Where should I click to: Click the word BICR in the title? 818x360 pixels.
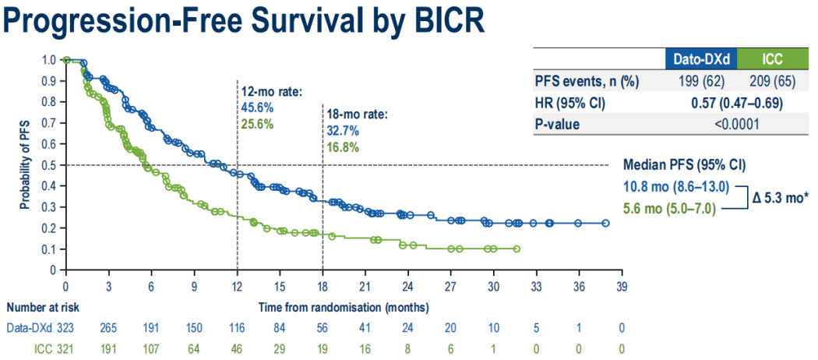[x=440, y=21]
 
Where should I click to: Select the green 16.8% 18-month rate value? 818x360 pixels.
[x=343, y=147]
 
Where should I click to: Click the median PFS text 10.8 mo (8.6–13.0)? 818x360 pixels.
[x=676, y=187]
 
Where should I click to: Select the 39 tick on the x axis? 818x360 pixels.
[x=621, y=285]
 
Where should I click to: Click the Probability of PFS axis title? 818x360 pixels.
[x=25, y=164]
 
